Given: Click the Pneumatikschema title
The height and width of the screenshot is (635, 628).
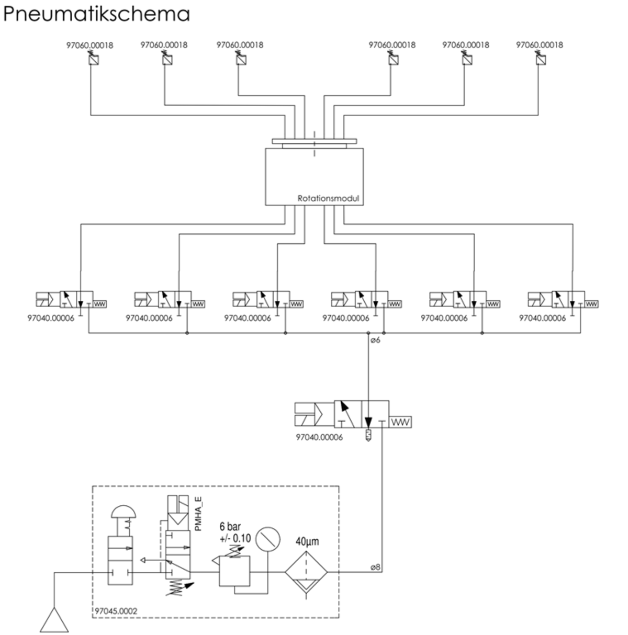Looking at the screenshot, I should [x=96, y=14].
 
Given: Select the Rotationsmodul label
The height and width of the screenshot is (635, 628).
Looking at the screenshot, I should [x=329, y=198].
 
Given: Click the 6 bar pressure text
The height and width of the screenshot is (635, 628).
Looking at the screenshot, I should [x=230, y=527].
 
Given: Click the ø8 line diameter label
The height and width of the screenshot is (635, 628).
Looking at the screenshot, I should [x=375, y=567].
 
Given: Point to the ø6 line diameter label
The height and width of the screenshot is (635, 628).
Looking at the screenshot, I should [x=375, y=341].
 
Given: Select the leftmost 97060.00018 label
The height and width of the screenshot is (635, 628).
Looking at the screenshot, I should [x=90, y=45].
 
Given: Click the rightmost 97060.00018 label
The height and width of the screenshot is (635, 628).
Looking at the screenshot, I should [x=540, y=45].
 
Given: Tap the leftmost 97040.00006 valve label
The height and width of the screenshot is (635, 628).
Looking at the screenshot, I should [x=51, y=318].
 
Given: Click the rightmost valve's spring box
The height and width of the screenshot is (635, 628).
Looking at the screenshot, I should [x=592, y=304].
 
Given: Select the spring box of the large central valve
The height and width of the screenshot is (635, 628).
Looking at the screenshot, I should [x=401, y=422].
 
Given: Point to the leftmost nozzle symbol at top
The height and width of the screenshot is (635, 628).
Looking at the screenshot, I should [x=93, y=59].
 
